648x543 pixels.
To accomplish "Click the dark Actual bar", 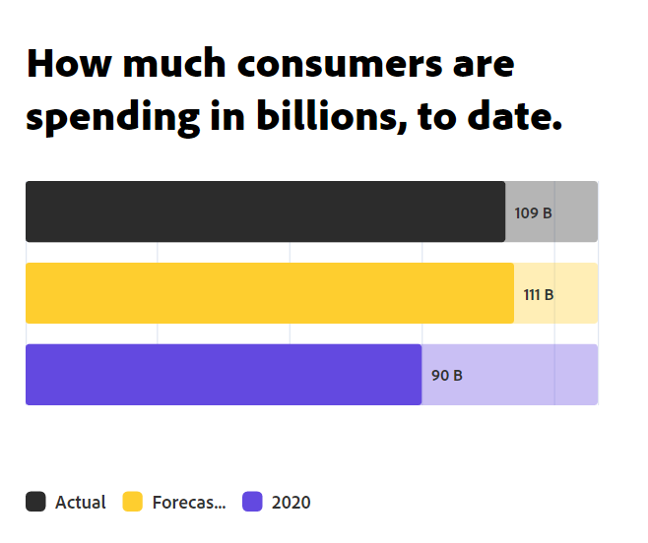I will point(265,211).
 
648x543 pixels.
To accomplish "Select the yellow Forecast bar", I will point(269,293).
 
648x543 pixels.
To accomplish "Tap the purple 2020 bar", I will point(224,375).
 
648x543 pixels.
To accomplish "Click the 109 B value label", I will point(533,212).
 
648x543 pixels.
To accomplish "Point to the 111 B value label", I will point(538,294).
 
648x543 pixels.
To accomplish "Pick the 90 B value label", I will point(446,376).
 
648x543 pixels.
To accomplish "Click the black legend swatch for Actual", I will point(35,502).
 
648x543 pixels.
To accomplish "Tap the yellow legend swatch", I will point(133,502).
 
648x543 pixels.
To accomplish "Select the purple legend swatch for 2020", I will point(253,502).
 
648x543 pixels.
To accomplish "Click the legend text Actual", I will point(81,503).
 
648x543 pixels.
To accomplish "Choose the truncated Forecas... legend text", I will point(189,503).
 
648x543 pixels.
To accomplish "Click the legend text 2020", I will point(291,503).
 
